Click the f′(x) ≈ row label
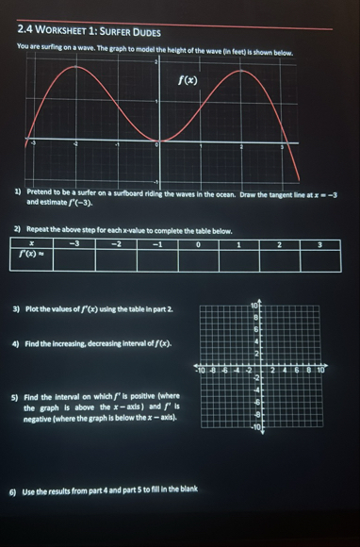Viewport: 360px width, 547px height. [33, 254]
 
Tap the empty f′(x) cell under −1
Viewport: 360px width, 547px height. [158, 257]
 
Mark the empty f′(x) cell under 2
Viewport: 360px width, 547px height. [281, 257]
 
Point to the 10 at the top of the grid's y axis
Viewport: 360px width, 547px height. [254, 306]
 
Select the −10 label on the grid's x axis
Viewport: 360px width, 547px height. [200, 372]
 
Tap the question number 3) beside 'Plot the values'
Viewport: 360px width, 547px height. [17, 308]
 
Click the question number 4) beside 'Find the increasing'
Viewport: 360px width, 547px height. [17, 344]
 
